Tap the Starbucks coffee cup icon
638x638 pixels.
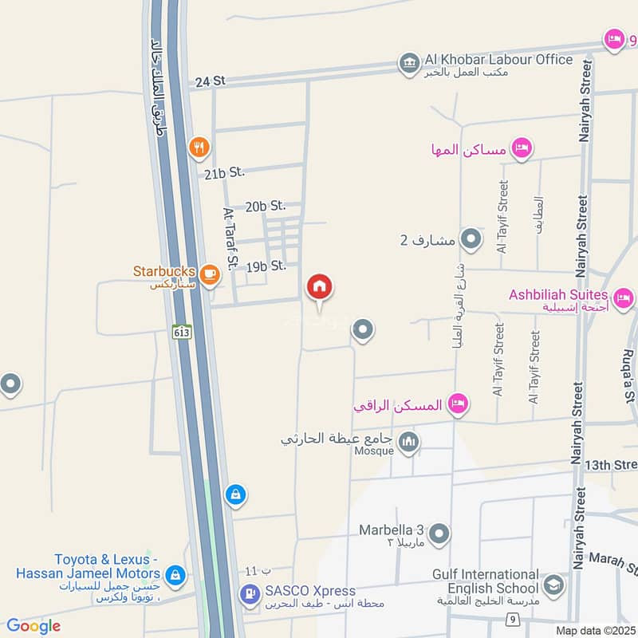click(209, 274)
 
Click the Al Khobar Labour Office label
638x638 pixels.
click(498, 60)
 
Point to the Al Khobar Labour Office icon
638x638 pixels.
click(409, 63)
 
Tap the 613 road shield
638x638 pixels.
click(182, 332)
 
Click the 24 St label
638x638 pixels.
click(211, 81)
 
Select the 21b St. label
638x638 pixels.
click(223, 172)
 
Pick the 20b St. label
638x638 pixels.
click(266, 207)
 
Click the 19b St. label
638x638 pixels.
click(266, 266)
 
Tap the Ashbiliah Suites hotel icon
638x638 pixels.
click(623, 297)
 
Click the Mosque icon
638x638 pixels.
click(409, 441)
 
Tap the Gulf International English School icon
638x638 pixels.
click(553, 586)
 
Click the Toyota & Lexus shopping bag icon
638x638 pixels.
click(175, 574)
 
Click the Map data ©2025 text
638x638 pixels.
click(594, 631)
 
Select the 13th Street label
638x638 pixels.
click(610, 465)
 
